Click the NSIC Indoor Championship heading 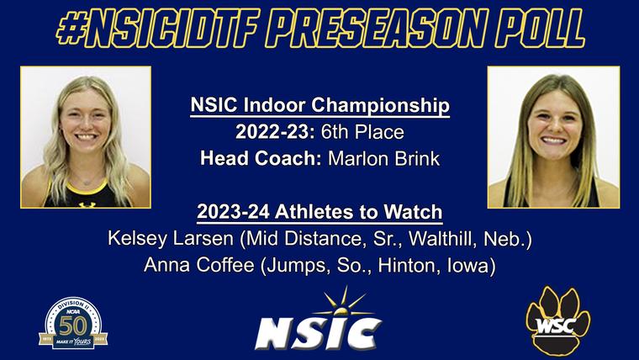tap(319, 107)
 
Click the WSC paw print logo tap(558, 320)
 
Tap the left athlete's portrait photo tap(85, 137)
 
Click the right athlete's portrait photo tap(553, 137)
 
